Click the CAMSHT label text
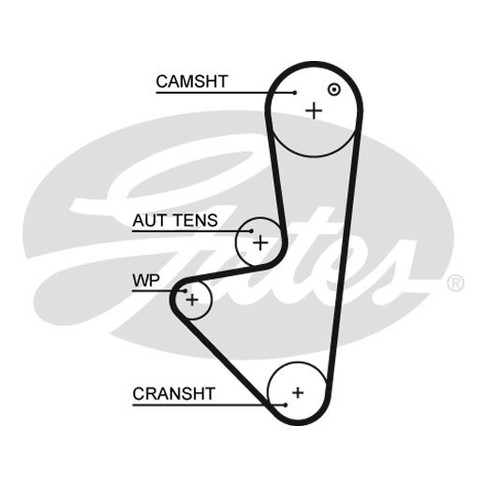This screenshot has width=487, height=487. point(192,82)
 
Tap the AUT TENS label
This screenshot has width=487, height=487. point(175,220)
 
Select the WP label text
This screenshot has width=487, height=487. point(146,280)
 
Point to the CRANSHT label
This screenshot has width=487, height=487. point(174,393)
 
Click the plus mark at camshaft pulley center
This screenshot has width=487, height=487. point(314,111)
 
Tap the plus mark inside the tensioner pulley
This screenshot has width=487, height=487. point(261,243)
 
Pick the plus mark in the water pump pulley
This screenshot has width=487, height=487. point(192,300)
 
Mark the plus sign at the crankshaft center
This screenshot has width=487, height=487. point(298,393)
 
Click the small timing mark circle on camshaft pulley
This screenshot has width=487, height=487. point(334,89)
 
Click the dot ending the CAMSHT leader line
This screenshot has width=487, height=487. point(295,93)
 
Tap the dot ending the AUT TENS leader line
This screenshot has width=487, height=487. point(251,231)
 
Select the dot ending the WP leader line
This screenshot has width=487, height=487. point(185,291)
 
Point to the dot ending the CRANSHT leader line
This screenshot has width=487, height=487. point(286,405)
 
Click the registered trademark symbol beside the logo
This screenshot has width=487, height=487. point(455,283)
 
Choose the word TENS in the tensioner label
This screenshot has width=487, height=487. point(195,220)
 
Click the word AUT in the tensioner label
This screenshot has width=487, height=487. point(150,220)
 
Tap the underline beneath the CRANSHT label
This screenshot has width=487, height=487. point(209,405)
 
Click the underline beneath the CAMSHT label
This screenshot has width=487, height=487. point(225,93)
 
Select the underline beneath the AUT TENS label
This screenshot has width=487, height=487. point(192,231)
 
